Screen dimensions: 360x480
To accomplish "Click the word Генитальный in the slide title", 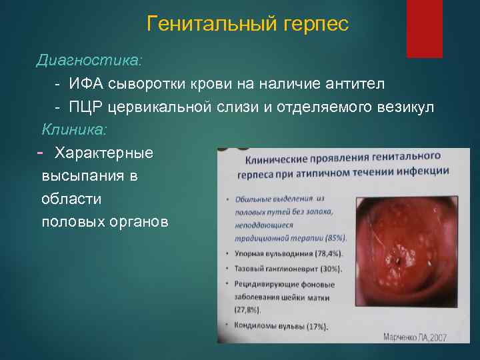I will pyautogui.click(x=204, y=25).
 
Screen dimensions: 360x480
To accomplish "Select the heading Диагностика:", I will pyautogui.click(x=89, y=60).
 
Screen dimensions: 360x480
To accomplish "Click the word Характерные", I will pyautogui.click(x=104, y=153).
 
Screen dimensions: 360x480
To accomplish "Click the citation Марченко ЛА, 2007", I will pyautogui.click(x=414, y=337).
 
